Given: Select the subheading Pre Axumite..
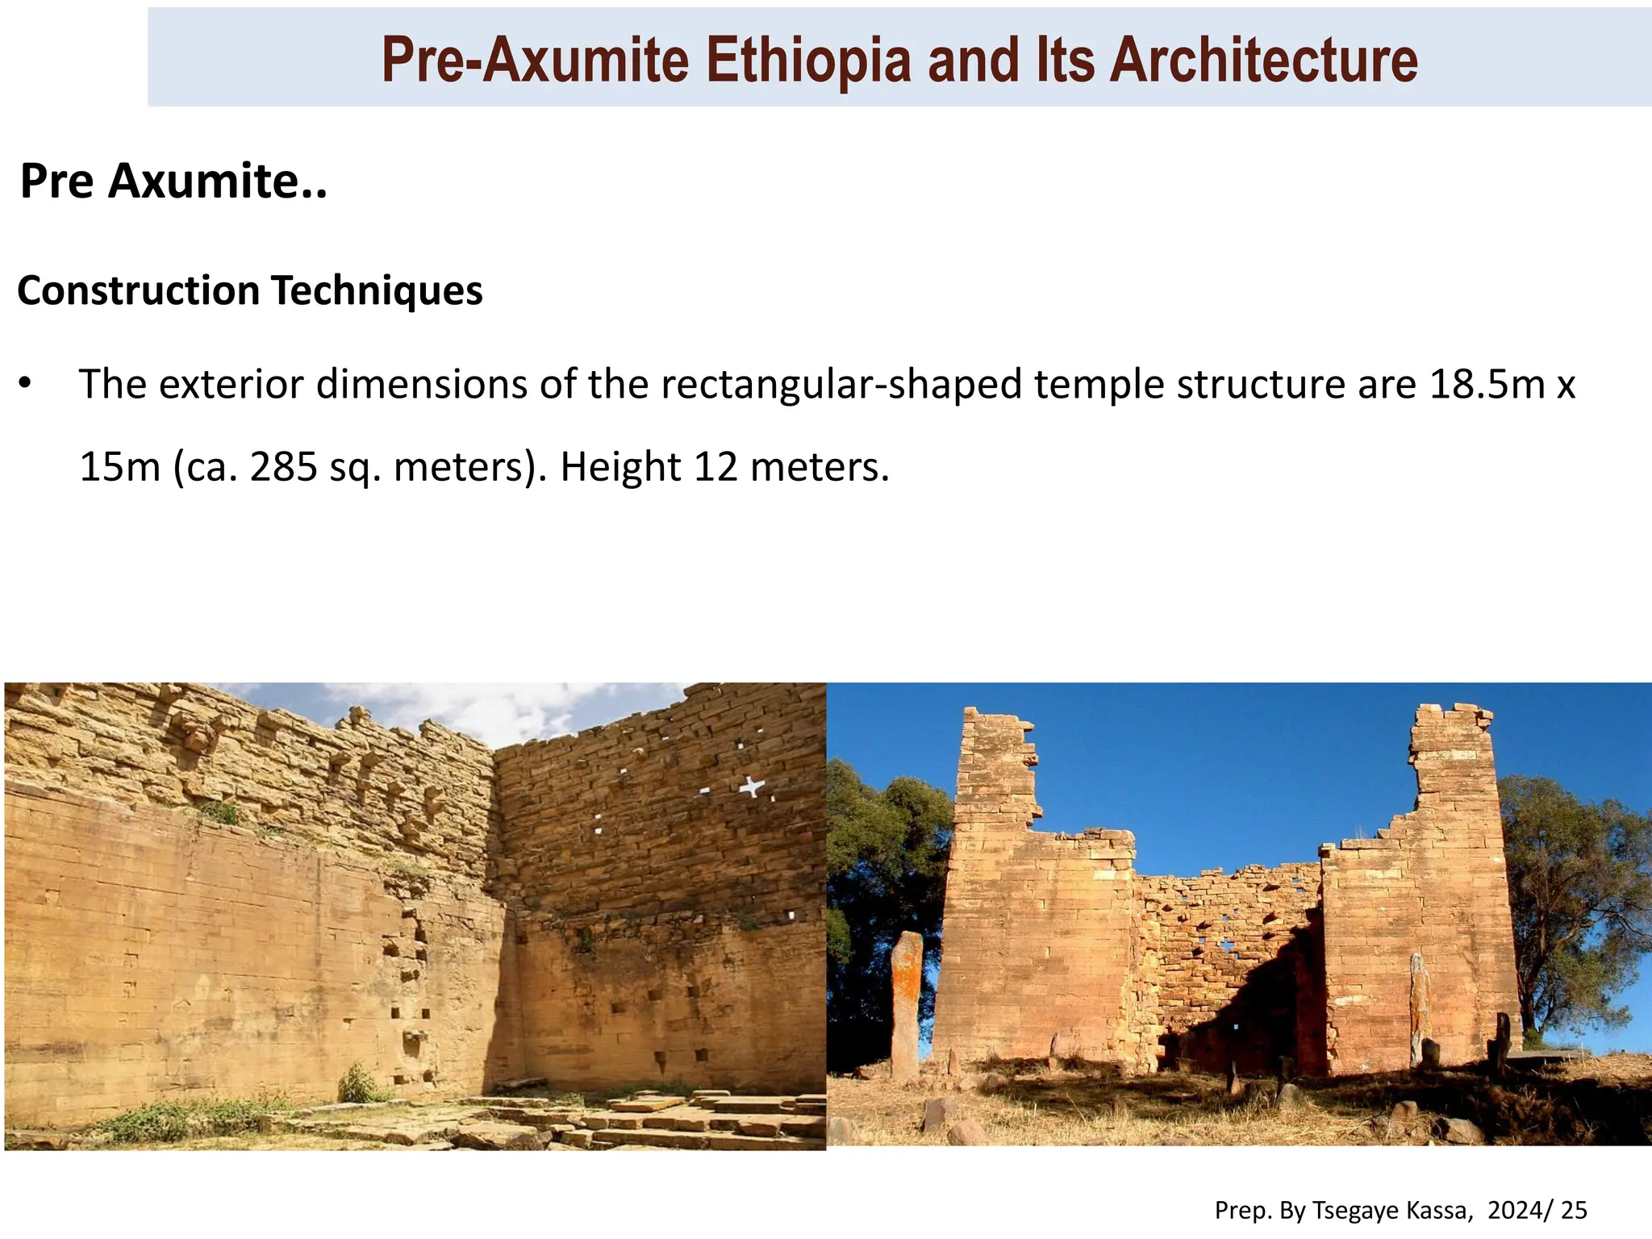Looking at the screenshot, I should coord(173,181).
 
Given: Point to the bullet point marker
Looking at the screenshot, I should coord(26,384).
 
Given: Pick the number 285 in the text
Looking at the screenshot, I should coord(283,467).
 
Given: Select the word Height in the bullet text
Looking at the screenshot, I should coord(620,467).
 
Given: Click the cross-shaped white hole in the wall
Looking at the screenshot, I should coord(753,786).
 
